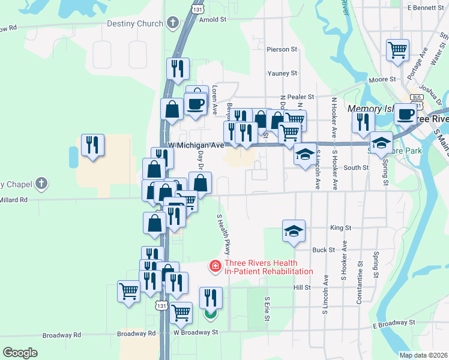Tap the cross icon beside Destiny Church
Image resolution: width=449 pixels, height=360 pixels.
click(173, 23)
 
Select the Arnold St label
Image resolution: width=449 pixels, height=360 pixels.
click(212, 19)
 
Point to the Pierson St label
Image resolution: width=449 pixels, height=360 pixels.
click(282, 49)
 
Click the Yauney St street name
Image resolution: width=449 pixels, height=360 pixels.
click(282, 73)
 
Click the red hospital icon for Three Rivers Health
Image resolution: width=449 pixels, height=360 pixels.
click(214, 265)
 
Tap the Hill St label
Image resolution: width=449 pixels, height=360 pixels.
click(301, 287)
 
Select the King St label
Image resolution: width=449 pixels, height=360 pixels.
click(340, 228)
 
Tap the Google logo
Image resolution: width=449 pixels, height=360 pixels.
click(20, 353)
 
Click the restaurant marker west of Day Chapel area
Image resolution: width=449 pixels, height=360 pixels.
click(92, 145)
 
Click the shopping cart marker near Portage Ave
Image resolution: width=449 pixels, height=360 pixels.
click(397, 50)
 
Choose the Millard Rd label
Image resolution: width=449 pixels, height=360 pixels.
click(13, 200)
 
